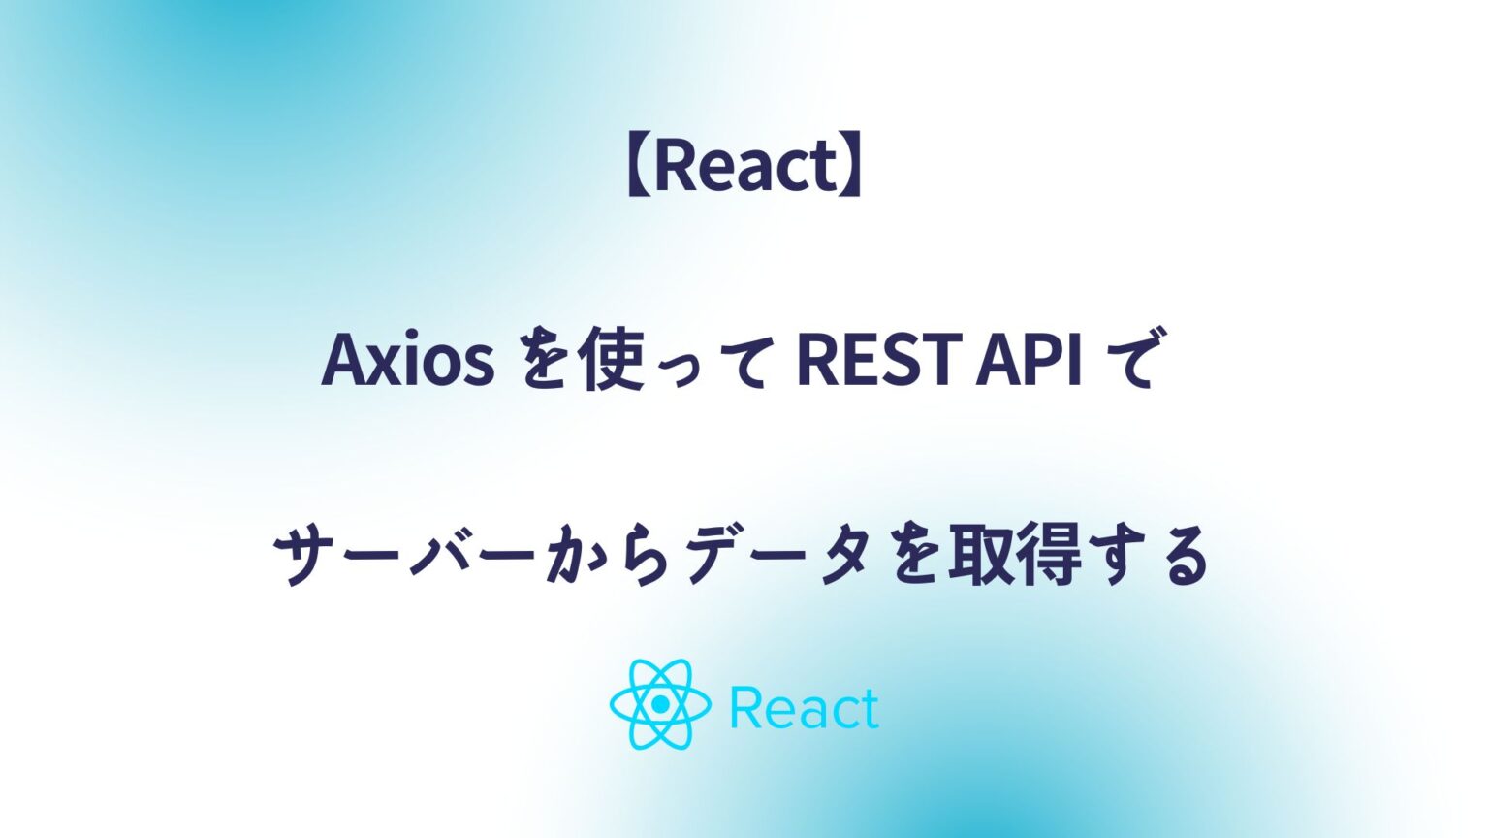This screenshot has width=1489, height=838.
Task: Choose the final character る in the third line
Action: [1185, 559]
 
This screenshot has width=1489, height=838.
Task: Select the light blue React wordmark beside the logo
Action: [804, 708]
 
